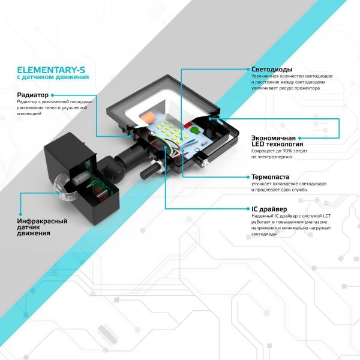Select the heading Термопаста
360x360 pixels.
pyautogui.click(x=271, y=177)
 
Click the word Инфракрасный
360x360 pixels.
pyautogui.click(x=42, y=221)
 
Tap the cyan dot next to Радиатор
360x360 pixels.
pyautogui.click(x=53, y=95)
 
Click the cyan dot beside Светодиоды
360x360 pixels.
pyautogui.click(x=246, y=70)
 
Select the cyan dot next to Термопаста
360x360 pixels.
pyautogui.click(x=246, y=177)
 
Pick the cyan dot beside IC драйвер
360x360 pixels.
pyautogui.click(x=246, y=209)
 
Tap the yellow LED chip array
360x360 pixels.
pyautogui.click(x=175, y=132)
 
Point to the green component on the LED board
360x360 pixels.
pyautogui.click(x=194, y=128)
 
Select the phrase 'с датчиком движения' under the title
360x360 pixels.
pyautogui.click(x=53, y=77)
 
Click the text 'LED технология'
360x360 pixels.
pyautogui.click(x=277, y=144)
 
